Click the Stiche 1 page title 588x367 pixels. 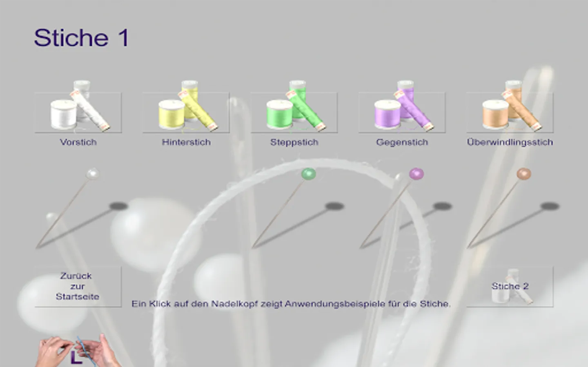tap(82, 38)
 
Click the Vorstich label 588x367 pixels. tap(78, 142)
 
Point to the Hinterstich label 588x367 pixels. tap(186, 142)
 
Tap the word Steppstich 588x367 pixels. tap(294, 142)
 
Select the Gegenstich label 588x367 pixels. tap(402, 142)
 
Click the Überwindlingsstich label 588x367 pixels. tap(510, 142)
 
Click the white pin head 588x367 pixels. tap(93, 174)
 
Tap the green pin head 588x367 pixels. tap(308, 174)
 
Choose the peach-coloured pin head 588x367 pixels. tap(524, 174)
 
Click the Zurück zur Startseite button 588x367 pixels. tap(78, 286)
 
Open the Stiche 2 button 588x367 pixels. tap(510, 286)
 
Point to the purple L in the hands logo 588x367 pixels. tap(76, 357)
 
